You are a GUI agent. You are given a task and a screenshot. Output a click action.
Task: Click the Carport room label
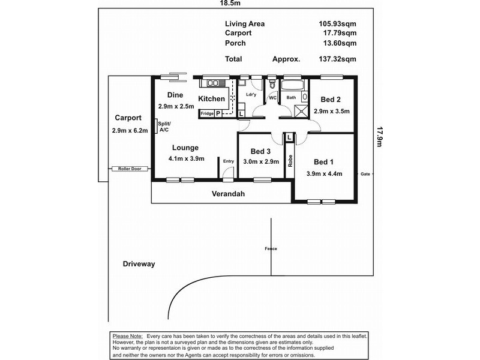point(127,118)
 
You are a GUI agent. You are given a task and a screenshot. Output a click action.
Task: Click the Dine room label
point(175,95)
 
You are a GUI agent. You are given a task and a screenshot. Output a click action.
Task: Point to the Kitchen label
point(211,99)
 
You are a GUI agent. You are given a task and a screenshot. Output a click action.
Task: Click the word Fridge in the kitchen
point(207,113)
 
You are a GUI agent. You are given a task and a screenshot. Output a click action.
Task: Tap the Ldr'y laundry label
point(251,95)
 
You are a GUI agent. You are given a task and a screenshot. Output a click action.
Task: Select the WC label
point(272,98)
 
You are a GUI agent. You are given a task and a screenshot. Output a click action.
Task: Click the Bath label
point(291,98)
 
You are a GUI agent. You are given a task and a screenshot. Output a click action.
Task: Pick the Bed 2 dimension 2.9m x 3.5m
point(331,111)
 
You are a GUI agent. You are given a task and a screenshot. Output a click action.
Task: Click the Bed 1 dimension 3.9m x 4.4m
point(324,174)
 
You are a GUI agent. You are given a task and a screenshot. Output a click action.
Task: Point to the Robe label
point(290,160)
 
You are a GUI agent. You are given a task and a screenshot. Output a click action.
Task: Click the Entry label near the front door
point(229,161)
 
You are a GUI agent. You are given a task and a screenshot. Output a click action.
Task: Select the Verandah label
point(229,194)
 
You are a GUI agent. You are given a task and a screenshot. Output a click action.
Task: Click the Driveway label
point(139,264)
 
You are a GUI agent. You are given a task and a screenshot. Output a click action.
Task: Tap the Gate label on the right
point(365,174)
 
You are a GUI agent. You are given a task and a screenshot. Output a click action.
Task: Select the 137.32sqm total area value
point(337,59)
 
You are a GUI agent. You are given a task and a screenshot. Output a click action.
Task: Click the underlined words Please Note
point(127,335)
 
